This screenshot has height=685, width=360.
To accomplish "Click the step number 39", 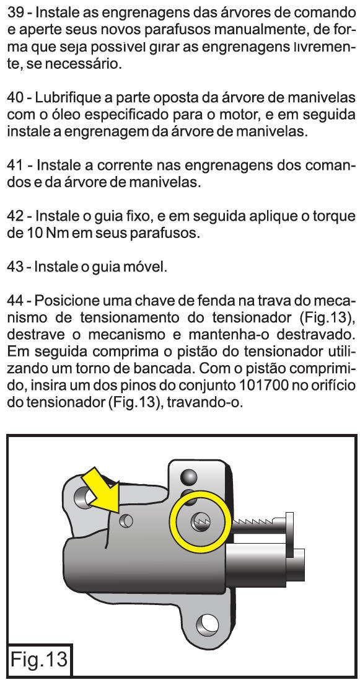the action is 15,14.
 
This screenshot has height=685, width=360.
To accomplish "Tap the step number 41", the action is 15,166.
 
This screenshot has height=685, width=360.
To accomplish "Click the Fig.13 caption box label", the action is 39,659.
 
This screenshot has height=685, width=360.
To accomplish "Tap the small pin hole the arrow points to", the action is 127,520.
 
